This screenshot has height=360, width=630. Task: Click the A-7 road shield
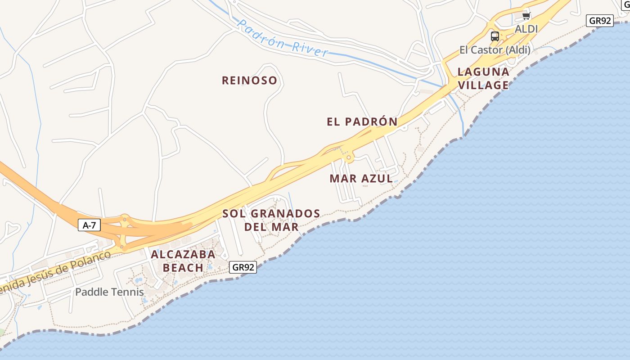[x=89, y=225]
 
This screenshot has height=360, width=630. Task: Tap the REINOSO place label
[x=249, y=81]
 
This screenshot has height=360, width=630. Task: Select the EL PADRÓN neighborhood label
[x=362, y=121]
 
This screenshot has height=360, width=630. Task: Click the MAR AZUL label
[x=361, y=179]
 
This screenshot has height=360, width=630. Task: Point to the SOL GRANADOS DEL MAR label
[x=271, y=220]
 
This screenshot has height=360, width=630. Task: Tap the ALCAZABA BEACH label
[x=183, y=261]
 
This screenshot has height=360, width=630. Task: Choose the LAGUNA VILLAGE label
[x=483, y=78]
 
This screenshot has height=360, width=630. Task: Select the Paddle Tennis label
[x=109, y=292]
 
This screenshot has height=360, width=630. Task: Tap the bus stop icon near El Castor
[x=495, y=36]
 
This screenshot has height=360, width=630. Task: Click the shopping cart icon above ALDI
[x=526, y=16]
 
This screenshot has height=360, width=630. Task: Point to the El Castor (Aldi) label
[x=495, y=50]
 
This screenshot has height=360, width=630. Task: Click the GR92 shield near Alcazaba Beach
[x=243, y=267]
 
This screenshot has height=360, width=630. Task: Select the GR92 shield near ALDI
[x=600, y=20]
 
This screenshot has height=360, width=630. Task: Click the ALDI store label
[x=526, y=29]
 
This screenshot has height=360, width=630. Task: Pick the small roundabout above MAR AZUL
[x=348, y=158]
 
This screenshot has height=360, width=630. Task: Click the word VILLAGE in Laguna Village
[x=483, y=85]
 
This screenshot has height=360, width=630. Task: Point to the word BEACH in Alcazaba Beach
[x=183, y=268]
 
